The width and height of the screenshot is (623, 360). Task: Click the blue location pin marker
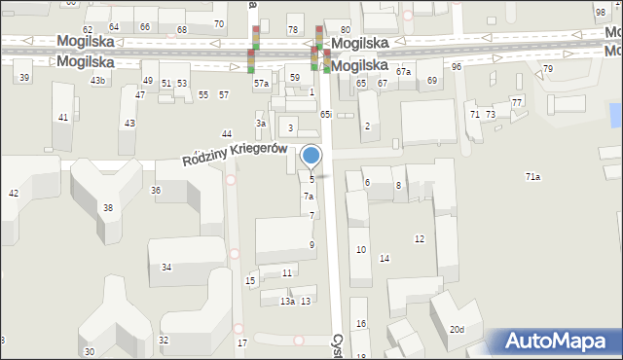tap(311, 156)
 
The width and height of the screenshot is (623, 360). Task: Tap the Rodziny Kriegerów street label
tap(235, 154)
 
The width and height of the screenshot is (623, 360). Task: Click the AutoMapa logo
tap(557, 341)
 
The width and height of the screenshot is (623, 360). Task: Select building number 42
tap(14, 194)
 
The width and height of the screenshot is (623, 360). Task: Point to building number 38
tap(108, 208)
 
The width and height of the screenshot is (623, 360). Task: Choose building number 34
tap(166, 267)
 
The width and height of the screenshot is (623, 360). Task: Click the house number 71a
tap(532, 177)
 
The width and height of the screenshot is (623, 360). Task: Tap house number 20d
tap(457, 329)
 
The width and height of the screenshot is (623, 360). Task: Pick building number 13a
tap(287, 302)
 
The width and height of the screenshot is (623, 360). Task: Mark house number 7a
tap(308, 197)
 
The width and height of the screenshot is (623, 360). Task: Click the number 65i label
tap(326, 114)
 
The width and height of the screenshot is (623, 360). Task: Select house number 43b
tap(97, 80)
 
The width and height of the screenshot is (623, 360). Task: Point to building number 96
tap(457, 66)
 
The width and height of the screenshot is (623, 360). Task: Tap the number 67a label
tap(403, 72)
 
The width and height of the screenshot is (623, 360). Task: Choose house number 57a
tap(261, 84)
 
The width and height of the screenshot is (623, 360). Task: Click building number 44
tap(227, 133)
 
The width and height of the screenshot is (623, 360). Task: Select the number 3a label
tap(261, 124)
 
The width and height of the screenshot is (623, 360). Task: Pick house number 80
tap(345, 30)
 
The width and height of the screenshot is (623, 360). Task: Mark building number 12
tap(420, 238)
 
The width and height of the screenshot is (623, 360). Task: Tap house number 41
tap(63, 117)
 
